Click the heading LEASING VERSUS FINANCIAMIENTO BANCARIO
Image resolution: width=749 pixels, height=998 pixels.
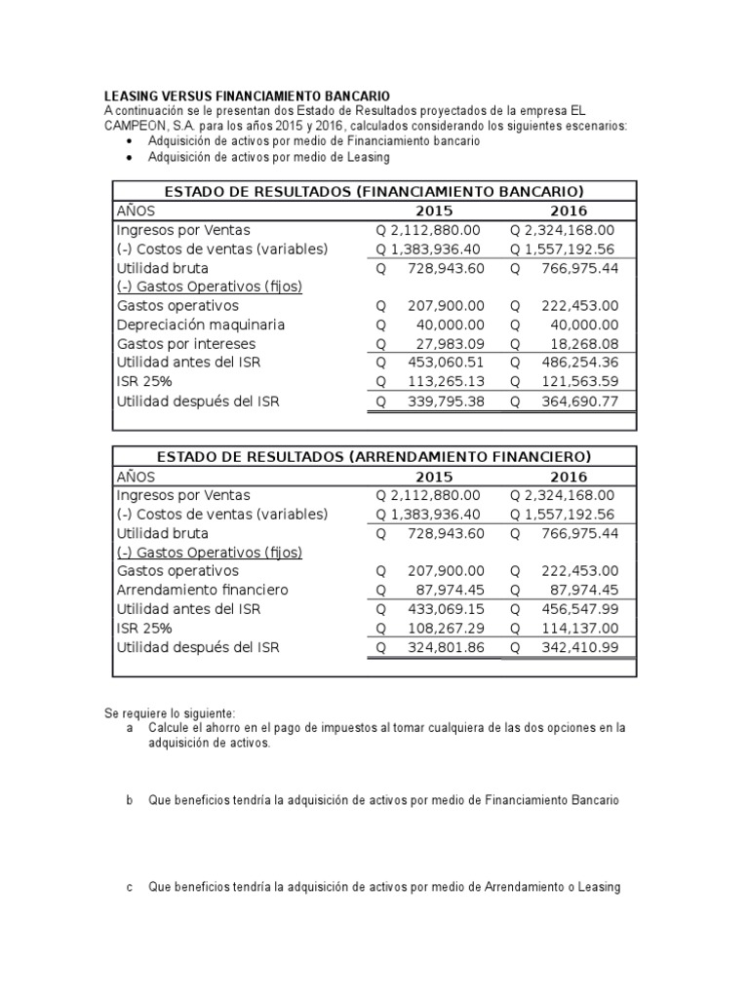[247, 96]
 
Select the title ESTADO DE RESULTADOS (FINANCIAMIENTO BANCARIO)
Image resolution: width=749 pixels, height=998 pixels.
[374, 191]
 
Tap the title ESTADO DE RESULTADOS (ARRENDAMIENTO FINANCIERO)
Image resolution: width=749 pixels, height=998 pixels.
[374, 456]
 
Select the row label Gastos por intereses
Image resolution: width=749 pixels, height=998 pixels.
[185, 344]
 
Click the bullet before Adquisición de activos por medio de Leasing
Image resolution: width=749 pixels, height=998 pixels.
[132, 157]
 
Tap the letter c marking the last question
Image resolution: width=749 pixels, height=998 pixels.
[131, 888]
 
